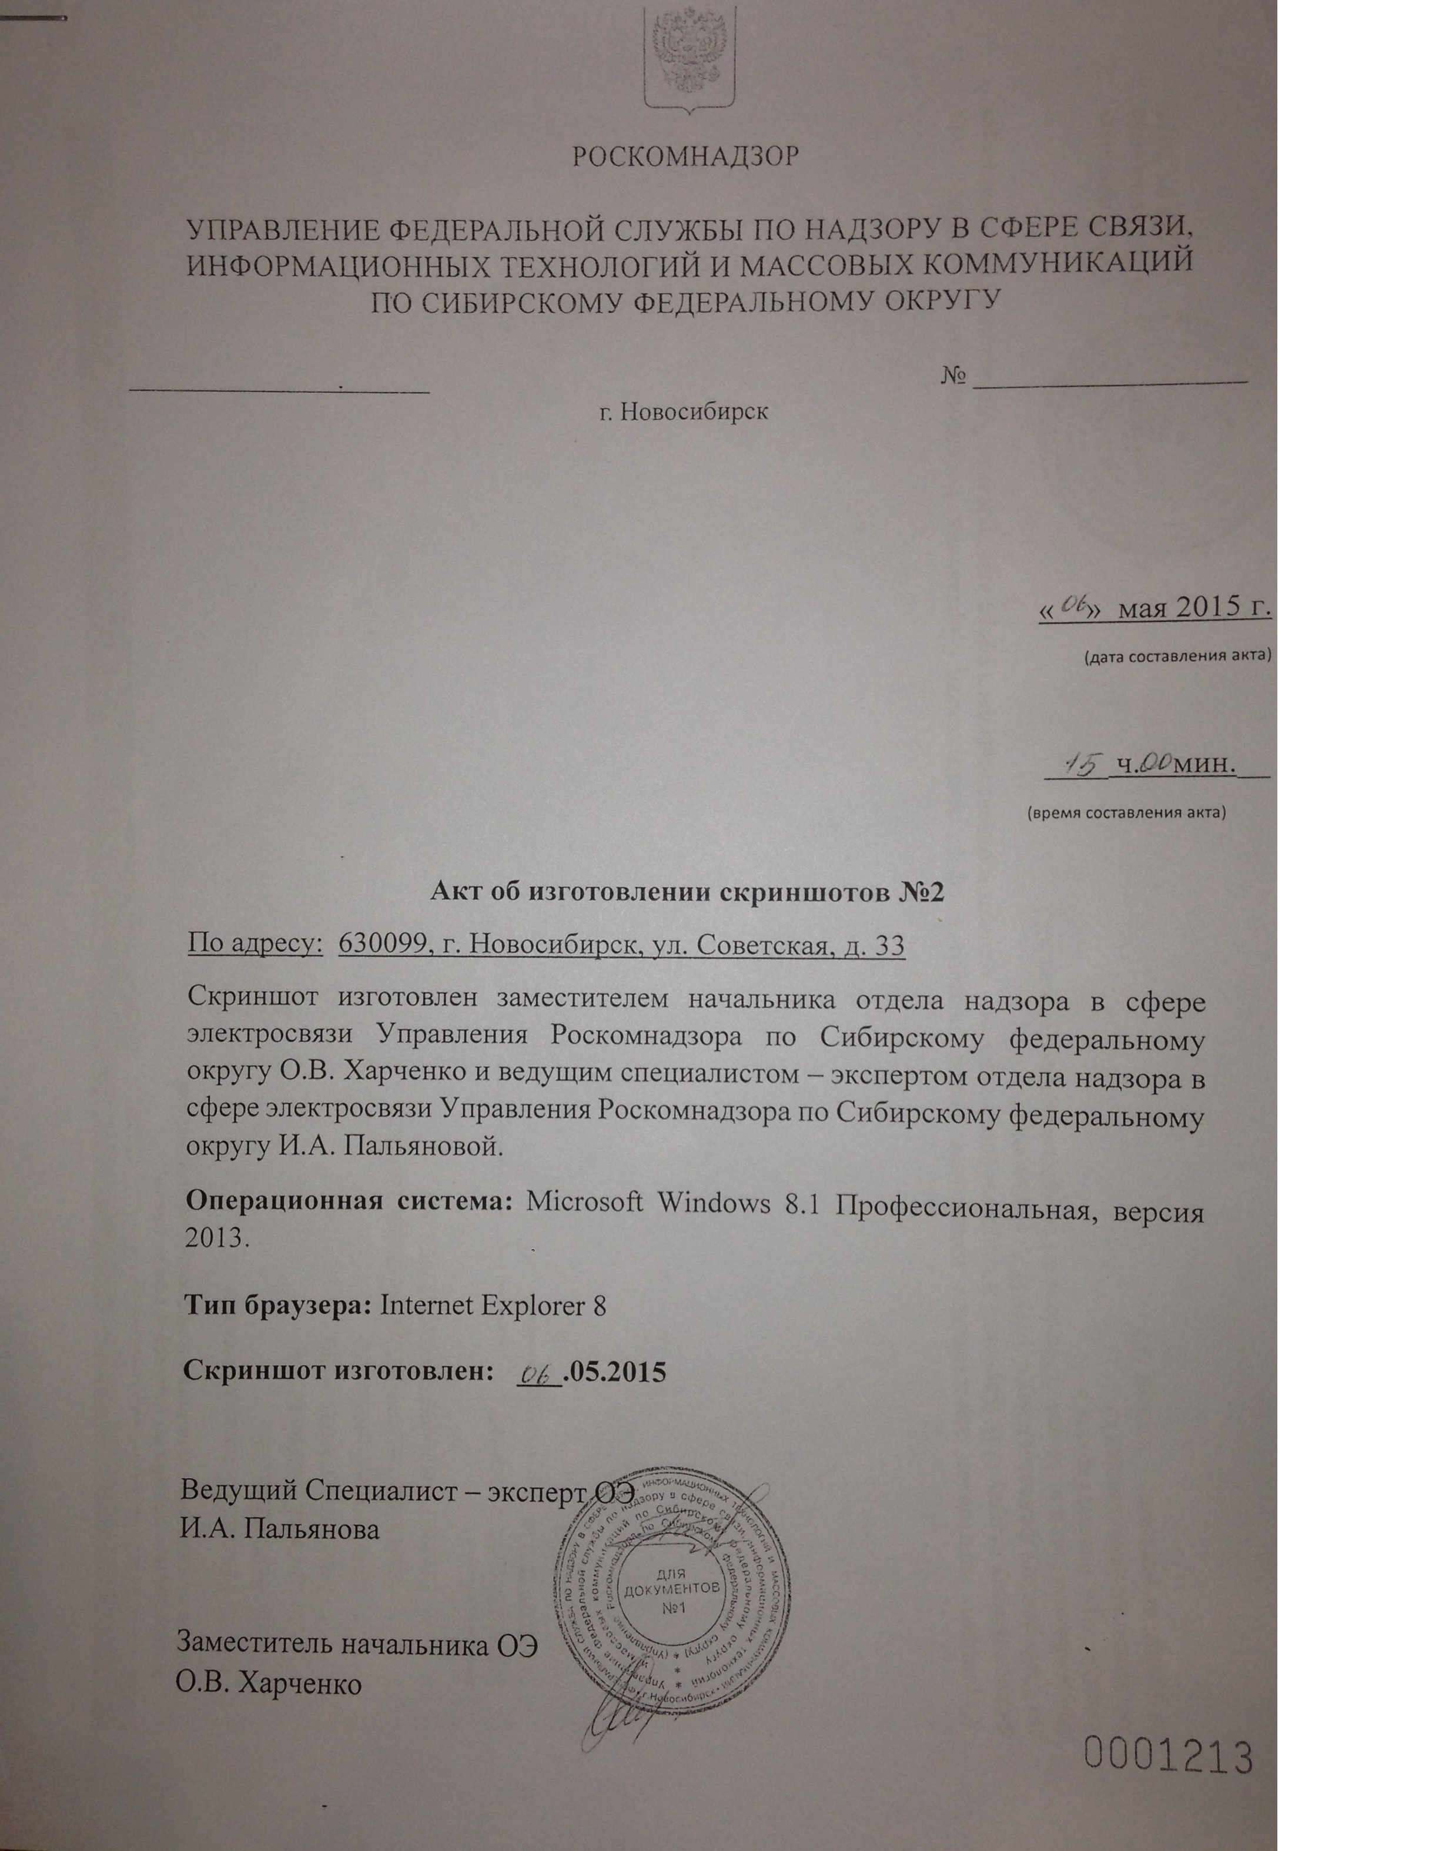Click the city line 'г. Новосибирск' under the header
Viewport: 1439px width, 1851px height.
pos(683,413)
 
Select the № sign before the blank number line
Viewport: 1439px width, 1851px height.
pos(954,376)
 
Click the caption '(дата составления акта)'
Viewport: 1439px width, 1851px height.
pos(1177,656)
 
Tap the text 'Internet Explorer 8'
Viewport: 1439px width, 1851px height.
pos(493,1304)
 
